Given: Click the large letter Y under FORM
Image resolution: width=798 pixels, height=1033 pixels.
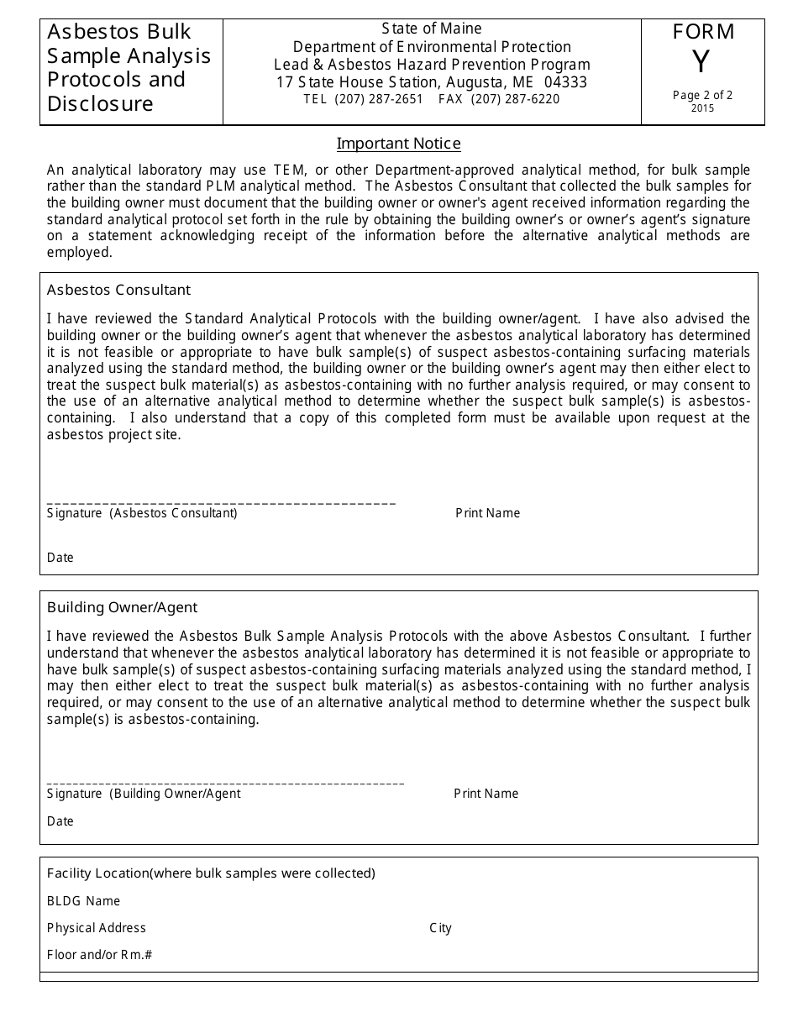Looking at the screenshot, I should pos(701,63).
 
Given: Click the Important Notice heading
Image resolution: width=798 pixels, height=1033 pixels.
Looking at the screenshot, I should pos(398,144).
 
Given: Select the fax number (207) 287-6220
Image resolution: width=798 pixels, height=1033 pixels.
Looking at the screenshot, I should pos(515,99).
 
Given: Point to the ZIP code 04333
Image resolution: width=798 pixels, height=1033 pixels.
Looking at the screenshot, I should pos(565,82).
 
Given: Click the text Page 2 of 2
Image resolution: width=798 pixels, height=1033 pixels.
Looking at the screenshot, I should pos(702,95).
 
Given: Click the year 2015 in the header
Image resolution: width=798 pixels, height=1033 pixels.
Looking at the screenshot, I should pos(702,108).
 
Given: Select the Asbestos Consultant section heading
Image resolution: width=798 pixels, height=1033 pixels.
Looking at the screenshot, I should pos(118,290).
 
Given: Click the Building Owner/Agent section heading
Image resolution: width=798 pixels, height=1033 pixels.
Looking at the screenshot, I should pos(122,607).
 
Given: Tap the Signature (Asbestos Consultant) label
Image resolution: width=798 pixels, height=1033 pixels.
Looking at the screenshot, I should pos(142,513).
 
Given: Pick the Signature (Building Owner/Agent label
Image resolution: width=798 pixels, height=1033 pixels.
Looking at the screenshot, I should pos(144,794).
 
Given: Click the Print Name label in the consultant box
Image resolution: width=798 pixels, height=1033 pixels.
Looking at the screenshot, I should pos(487,513).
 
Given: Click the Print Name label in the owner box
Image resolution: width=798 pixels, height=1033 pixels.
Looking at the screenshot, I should pos(486,794).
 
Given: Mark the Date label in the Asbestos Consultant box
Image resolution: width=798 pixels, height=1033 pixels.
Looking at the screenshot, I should pos(60,558).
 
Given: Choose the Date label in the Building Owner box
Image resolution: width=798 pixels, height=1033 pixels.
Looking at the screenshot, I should pos(60,821).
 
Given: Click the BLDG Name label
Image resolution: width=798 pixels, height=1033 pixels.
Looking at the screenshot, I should pos(83,901).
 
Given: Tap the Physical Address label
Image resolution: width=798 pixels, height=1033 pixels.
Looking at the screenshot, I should pos(97,928).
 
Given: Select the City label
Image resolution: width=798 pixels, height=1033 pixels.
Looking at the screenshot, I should pos(440,928).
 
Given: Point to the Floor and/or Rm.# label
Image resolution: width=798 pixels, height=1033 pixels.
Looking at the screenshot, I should pos(100,955).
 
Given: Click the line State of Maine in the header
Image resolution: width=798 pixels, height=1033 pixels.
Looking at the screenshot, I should pos(432,29).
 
